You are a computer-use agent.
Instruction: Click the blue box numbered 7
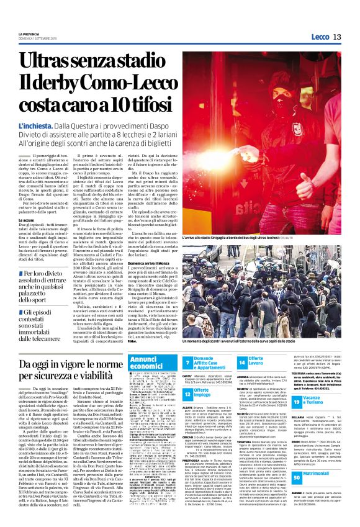(187, 362)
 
